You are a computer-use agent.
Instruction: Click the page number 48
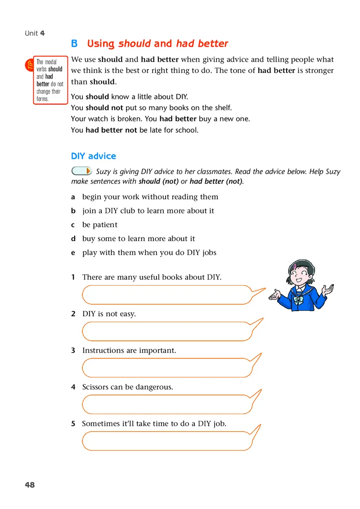[x=30, y=485]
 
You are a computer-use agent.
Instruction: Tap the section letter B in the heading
[x=74, y=44]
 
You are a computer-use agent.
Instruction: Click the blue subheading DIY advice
[x=94, y=156]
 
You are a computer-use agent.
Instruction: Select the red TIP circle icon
[x=28, y=65]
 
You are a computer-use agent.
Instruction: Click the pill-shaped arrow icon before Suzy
[x=81, y=171]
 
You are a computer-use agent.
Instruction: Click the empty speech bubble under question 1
[x=166, y=295]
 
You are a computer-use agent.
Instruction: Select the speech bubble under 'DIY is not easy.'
[x=166, y=331]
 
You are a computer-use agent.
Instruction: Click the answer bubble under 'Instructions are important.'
[x=166, y=367]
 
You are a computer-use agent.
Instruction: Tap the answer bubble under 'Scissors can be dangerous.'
[x=166, y=404]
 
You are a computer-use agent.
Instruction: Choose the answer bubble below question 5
[x=166, y=441]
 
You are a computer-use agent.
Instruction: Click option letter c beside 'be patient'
[x=73, y=225]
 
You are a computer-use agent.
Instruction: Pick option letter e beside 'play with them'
[x=73, y=253]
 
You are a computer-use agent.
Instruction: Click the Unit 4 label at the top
[x=35, y=33]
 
